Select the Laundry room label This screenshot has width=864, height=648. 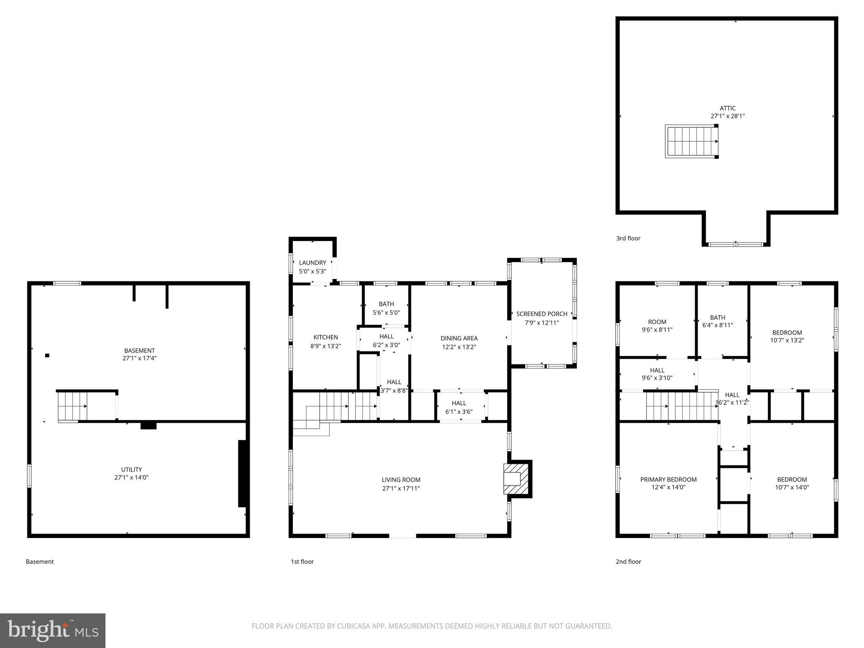[x=312, y=263]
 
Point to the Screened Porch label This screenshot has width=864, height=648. [x=542, y=314]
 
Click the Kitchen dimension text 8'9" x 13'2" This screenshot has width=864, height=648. [x=325, y=346]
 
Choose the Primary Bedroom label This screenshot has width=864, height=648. [x=668, y=479]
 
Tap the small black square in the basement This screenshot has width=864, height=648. [x=47, y=355]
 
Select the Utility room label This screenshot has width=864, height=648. [x=132, y=470]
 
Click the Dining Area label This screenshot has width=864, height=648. [x=459, y=338]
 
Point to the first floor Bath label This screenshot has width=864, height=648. [x=386, y=304]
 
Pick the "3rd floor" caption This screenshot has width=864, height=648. [x=628, y=238]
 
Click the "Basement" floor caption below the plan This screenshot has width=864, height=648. [x=40, y=562]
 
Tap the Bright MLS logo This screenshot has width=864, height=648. [x=53, y=630]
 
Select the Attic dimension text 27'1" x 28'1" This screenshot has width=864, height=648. [x=727, y=116]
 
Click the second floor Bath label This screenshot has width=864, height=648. [x=718, y=318]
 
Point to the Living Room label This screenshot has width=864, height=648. [x=401, y=480]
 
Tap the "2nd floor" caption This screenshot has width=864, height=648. [x=628, y=562]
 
